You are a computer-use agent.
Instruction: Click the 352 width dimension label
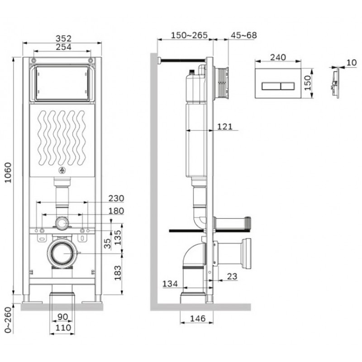63,38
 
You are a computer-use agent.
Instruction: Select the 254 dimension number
63,47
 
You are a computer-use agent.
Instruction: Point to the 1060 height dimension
8,172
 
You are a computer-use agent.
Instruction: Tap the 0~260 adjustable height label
8,320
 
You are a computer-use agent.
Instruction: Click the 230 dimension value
116,198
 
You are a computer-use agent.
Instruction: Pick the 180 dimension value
116,211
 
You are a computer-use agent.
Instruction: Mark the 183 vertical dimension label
118,273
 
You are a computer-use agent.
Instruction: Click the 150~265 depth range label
189,35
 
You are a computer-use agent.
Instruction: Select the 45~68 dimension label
244,35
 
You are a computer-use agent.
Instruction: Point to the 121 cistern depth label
225,127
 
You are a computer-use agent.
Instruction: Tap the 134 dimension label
170,284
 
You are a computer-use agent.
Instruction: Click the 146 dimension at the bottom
198,319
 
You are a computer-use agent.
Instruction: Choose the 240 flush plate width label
278,57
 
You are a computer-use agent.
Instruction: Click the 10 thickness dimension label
352,62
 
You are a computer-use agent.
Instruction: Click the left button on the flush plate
271,86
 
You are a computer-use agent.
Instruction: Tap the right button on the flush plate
288,86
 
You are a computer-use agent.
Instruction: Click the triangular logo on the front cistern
62,171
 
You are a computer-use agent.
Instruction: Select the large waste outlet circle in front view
62,253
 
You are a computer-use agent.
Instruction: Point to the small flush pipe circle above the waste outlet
62,224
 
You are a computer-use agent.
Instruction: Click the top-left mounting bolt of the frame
34,61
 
